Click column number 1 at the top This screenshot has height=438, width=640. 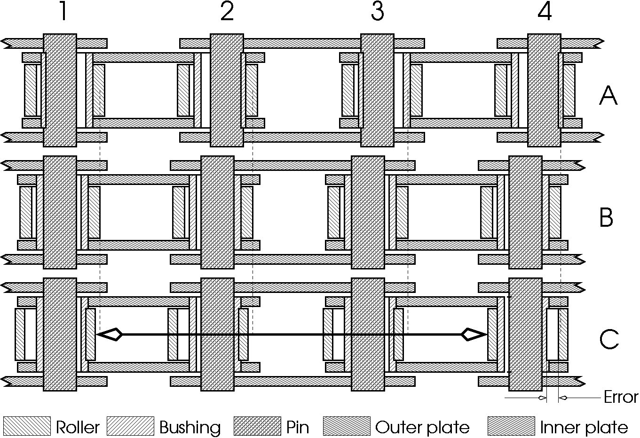coord(63,11)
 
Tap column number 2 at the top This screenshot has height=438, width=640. coord(227,11)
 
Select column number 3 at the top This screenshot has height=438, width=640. coord(377,11)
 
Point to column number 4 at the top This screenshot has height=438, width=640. coord(545,11)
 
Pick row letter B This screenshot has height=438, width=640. coord(606,217)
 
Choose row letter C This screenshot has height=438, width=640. coord(609,339)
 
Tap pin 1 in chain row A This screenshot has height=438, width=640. coord(60,90)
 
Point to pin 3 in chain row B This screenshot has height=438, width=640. coord(368,212)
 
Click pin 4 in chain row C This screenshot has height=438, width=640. coord(525,334)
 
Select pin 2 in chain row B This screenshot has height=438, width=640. coord(217,212)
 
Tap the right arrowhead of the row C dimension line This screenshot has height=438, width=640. coord(474,334)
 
